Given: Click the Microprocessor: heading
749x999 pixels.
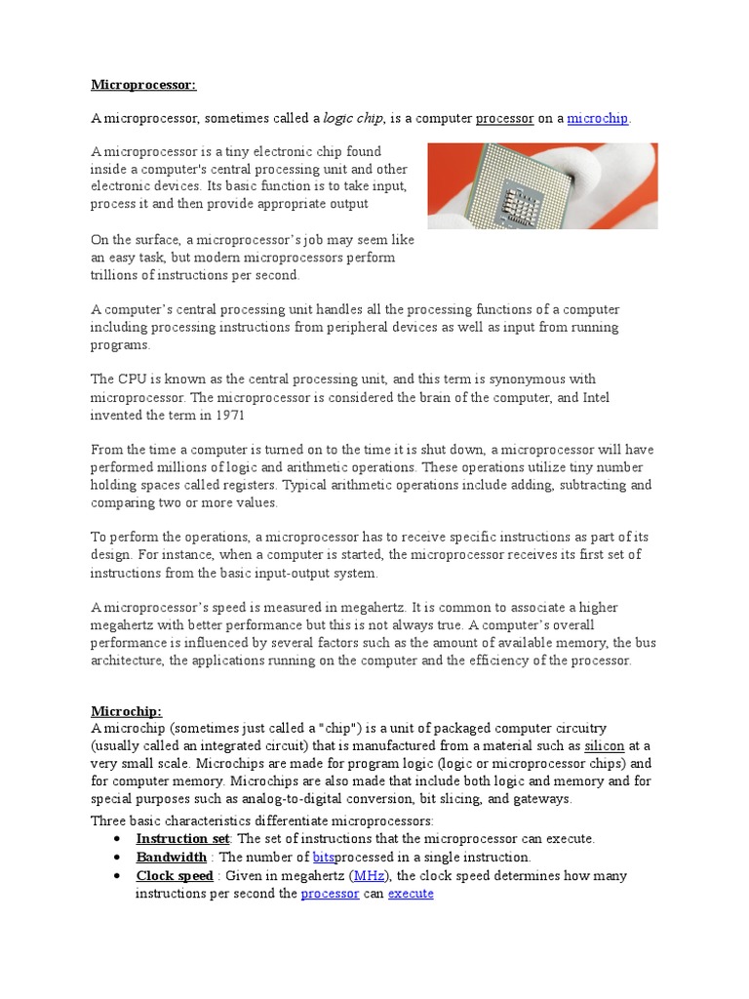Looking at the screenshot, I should click(x=143, y=85).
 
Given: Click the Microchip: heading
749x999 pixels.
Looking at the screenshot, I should click(x=126, y=711).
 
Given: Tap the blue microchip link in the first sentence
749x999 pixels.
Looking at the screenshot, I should click(x=598, y=118).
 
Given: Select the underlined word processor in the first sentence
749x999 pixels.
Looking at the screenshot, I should click(x=504, y=118).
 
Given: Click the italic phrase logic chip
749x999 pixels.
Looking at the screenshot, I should click(x=353, y=118).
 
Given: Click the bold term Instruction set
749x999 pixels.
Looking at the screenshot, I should click(x=182, y=838).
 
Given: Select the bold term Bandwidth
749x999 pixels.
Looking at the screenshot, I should click(x=171, y=857).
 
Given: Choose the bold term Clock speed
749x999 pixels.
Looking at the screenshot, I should click(x=175, y=875).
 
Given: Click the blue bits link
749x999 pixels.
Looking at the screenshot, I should click(x=324, y=857).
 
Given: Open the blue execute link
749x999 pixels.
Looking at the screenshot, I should click(x=411, y=893).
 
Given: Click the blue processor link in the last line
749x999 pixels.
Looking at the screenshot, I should click(x=331, y=893).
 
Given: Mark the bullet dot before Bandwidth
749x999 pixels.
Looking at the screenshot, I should click(x=117, y=858).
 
